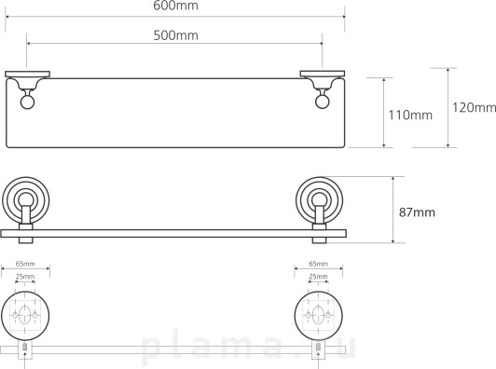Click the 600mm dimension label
[x=175, y=6]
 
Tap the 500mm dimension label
[x=176, y=35]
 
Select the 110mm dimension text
[x=410, y=115]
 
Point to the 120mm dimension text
[x=474, y=107]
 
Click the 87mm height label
[x=417, y=212]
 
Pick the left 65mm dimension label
[x=25, y=264]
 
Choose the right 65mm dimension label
[x=319, y=264]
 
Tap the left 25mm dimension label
[x=25, y=277]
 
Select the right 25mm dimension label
[x=319, y=277]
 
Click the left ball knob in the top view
[x=27, y=102]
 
